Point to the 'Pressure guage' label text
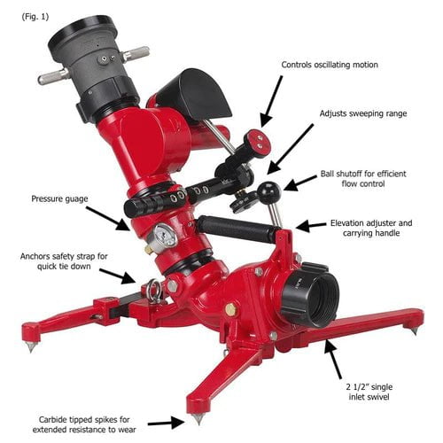[x=59, y=198]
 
